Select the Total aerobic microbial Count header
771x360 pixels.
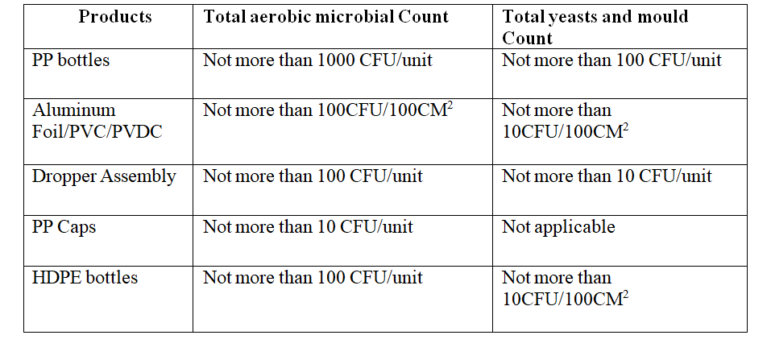325,17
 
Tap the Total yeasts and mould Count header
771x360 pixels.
596,27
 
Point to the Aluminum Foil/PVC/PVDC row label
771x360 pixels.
97,120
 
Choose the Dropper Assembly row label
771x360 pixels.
104,176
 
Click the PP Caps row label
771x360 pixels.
64,227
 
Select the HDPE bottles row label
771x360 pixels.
85,278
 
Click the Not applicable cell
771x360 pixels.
558,227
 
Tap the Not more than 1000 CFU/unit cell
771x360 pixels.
317,60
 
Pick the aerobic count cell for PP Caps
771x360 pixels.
308,227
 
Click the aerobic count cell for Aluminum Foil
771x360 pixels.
329,110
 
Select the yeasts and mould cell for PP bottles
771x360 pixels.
611,60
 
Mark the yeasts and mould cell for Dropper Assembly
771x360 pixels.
607,176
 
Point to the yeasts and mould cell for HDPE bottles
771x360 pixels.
565,288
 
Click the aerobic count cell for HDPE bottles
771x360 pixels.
313,278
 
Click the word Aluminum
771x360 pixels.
74,110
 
